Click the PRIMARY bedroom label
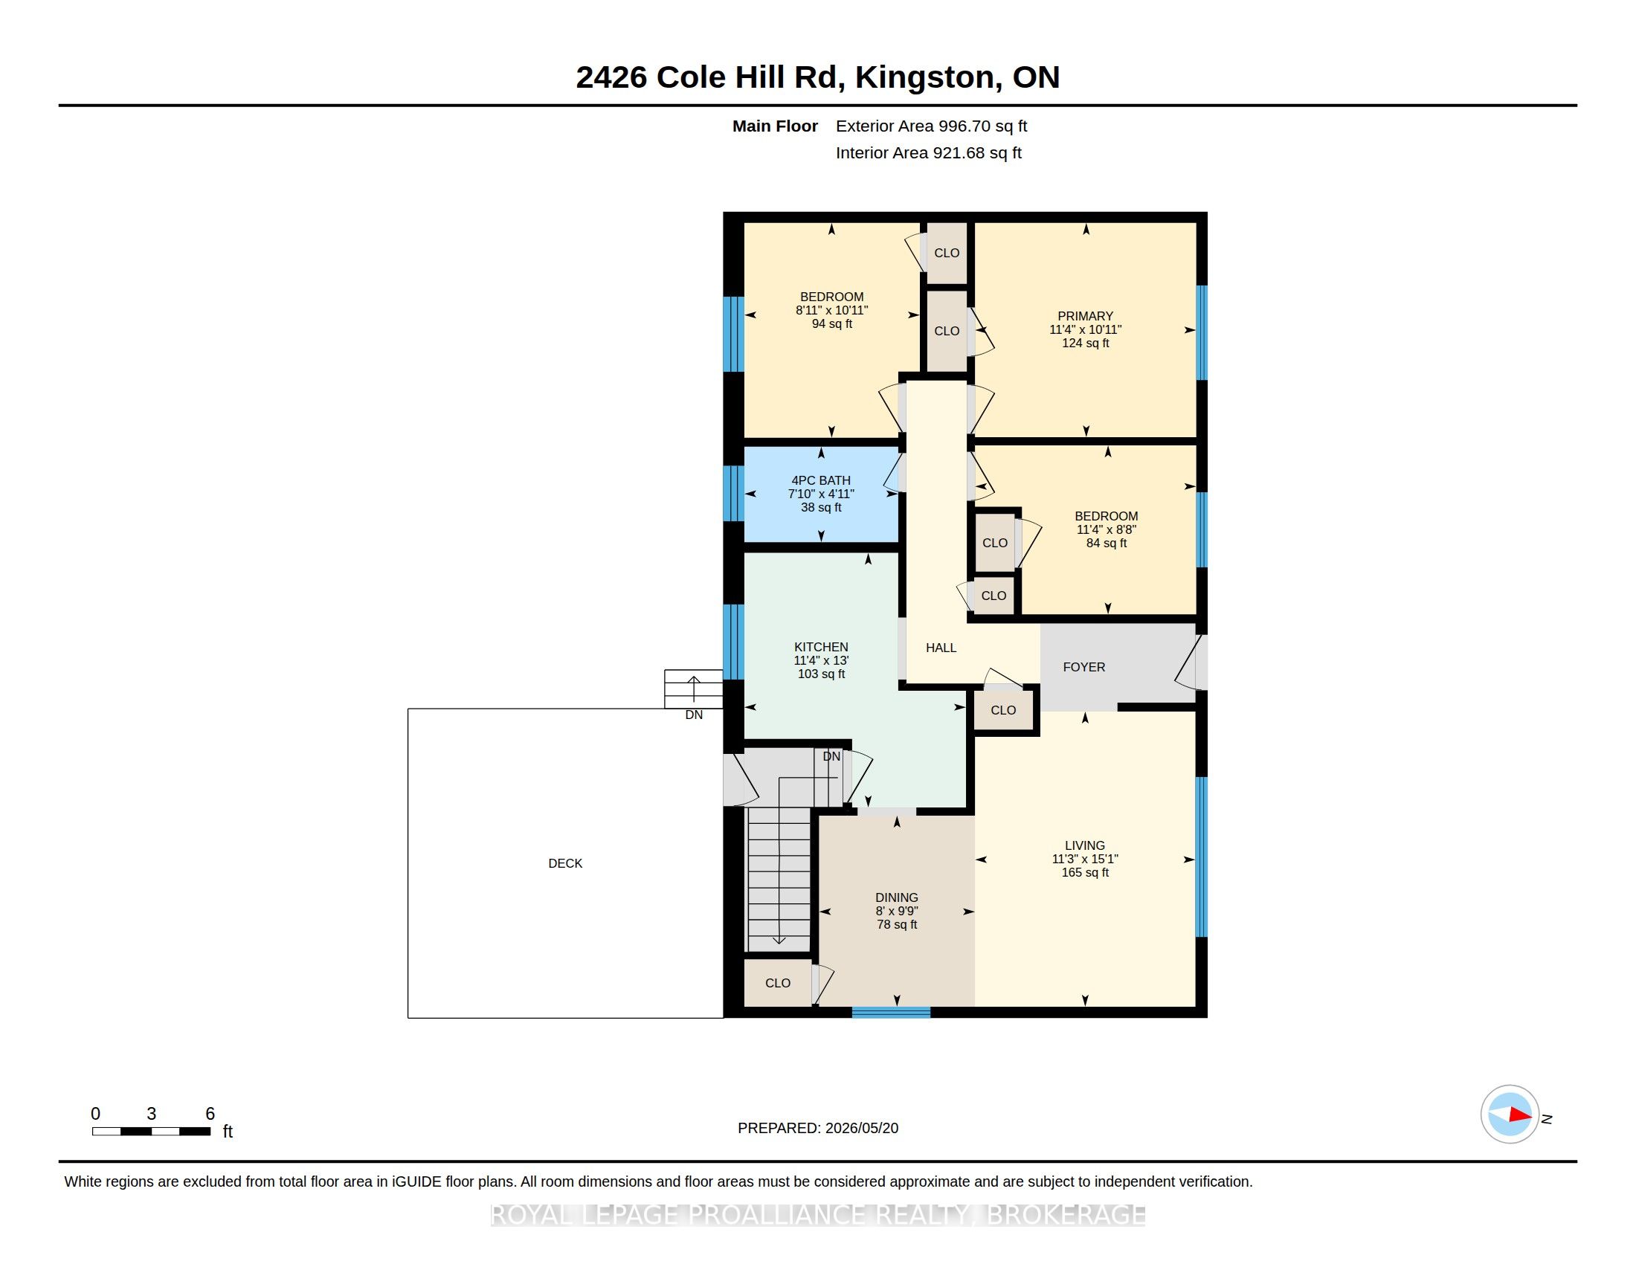tap(1086, 316)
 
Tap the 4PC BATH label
tap(821, 481)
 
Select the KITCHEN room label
tap(821, 647)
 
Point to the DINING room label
tap(897, 897)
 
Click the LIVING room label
tap(1085, 845)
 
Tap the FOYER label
tap(1084, 666)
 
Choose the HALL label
tap(941, 648)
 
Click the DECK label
tap(565, 863)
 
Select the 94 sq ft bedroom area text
tap(832, 323)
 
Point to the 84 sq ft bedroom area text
tap(1107, 543)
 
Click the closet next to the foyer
tap(1003, 710)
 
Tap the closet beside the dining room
tap(778, 982)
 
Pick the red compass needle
tap(1520, 1115)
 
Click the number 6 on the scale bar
tap(210, 1114)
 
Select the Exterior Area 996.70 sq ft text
tap(931, 126)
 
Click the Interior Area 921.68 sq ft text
tap(928, 152)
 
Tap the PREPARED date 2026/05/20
tap(861, 1128)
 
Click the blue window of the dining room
tap(891, 1013)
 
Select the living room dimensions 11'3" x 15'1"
tap(1085, 859)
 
